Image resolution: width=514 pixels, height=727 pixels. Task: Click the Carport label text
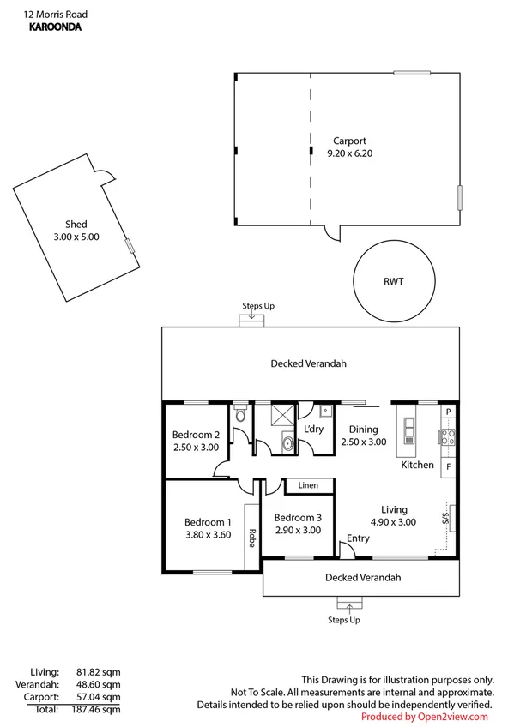(x=349, y=141)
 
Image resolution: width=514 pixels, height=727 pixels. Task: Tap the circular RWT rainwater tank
(x=394, y=280)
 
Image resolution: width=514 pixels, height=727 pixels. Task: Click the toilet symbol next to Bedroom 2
(x=241, y=416)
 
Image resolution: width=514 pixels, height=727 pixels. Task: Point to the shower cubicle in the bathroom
(x=281, y=416)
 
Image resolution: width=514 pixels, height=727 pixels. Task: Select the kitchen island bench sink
(x=407, y=425)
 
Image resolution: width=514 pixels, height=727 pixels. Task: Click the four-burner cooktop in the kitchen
(x=448, y=439)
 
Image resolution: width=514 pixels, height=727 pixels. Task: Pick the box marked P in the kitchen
(x=448, y=412)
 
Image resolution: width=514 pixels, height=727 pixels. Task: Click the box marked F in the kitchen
(x=448, y=466)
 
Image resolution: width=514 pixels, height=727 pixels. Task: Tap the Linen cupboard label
(x=308, y=485)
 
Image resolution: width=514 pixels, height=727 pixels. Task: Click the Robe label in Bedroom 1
(x=252, y=537)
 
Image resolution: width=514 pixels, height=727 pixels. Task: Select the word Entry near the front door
(x=357, y=538)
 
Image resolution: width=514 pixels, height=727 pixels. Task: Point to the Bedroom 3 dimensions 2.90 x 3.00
(x=298, y=531)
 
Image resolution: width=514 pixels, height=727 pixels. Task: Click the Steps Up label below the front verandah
(x=344, y=619)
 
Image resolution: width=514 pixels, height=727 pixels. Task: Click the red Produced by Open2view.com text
(x=424, y=716)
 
